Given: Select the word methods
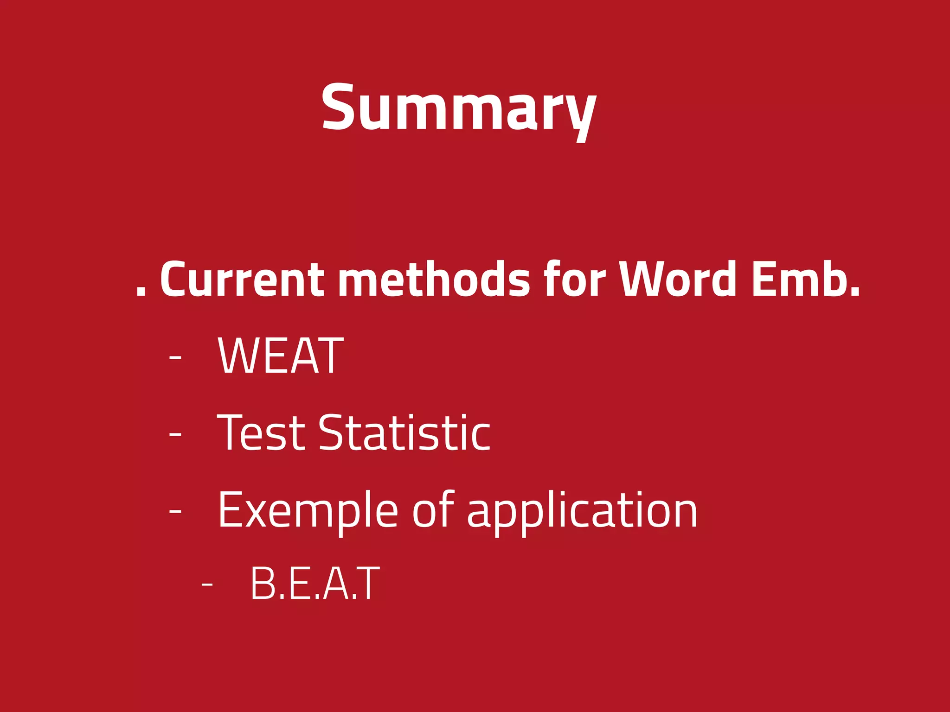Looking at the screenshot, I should pos(433,279).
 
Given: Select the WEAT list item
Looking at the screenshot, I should pos(280,356).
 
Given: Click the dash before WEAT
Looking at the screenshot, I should pos(175,357).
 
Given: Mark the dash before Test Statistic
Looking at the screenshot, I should pos(175,434).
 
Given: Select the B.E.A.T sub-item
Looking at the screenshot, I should pos(315,584).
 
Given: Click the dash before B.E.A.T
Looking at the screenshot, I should pos(207,585).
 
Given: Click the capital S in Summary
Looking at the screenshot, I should pos(339,108).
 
